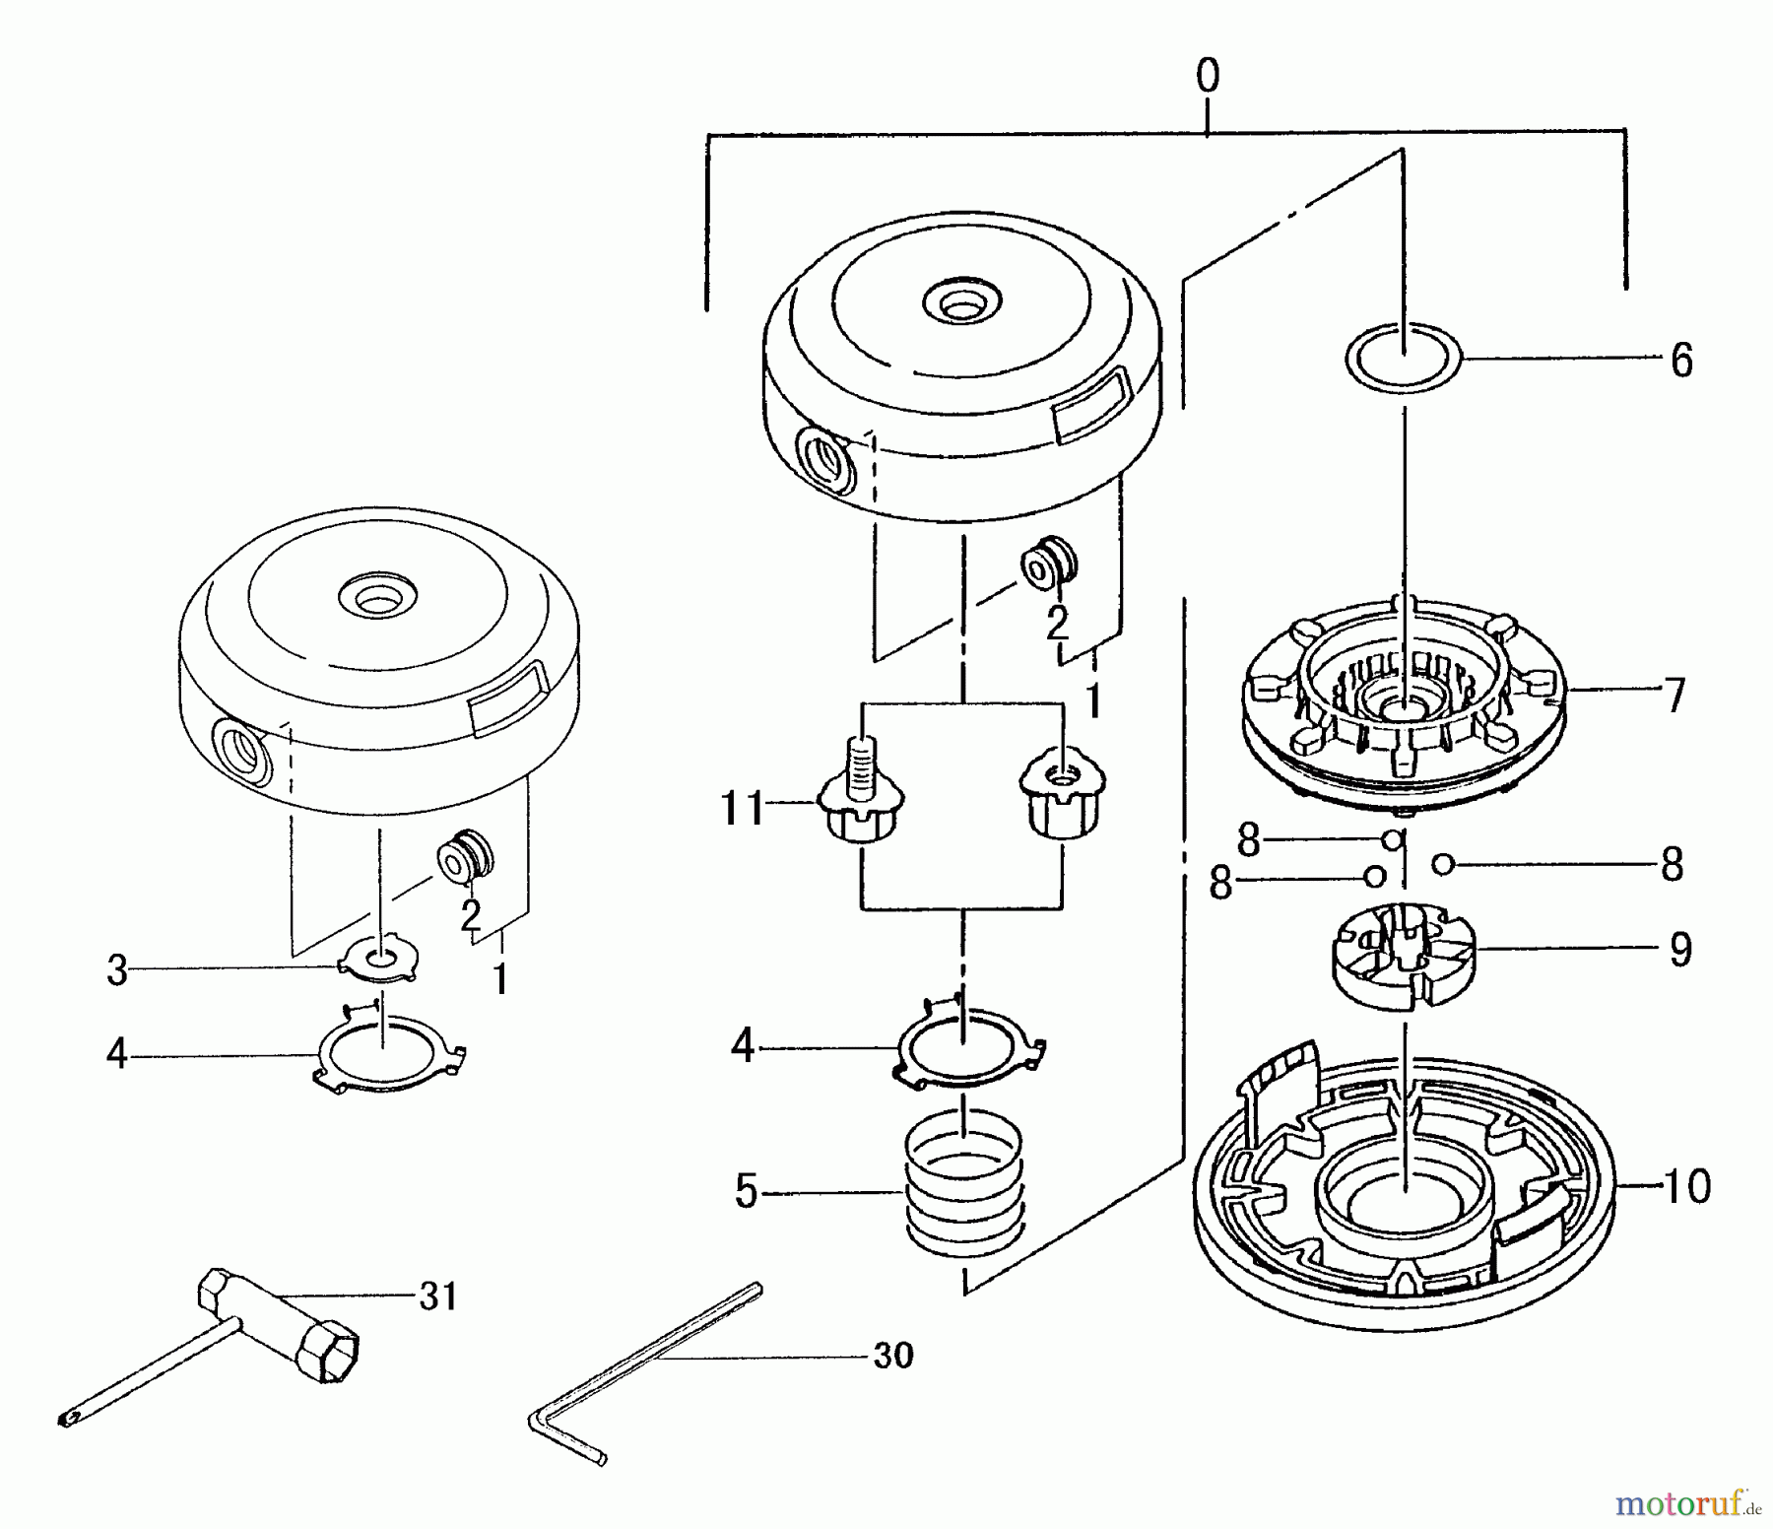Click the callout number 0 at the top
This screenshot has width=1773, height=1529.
pyautogui.click(x=1207, y=77)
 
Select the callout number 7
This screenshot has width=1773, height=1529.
pyautogui.click(x=1674, y=695)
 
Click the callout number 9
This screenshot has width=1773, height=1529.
pyautogui.click(x=1679, y=950)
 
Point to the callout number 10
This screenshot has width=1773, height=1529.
pyautogui.click(x=1687, y=1186)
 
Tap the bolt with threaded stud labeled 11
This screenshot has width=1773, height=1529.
pyautogui.click(x=864, y=799)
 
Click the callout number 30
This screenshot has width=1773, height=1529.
pyautogui.click(x=893, y=1356)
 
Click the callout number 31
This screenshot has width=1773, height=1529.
pyautogui.click(x=437, y=1296)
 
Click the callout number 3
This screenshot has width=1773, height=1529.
pyautogui.click(x=117, y=971)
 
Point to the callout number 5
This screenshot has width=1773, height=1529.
pyautogui.click(x=746, y=1193)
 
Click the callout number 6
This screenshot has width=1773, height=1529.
pyautogui.click(x=1681, y=361)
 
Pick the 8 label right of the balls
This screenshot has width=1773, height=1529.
pyautogui.click(x=1672, y=865)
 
